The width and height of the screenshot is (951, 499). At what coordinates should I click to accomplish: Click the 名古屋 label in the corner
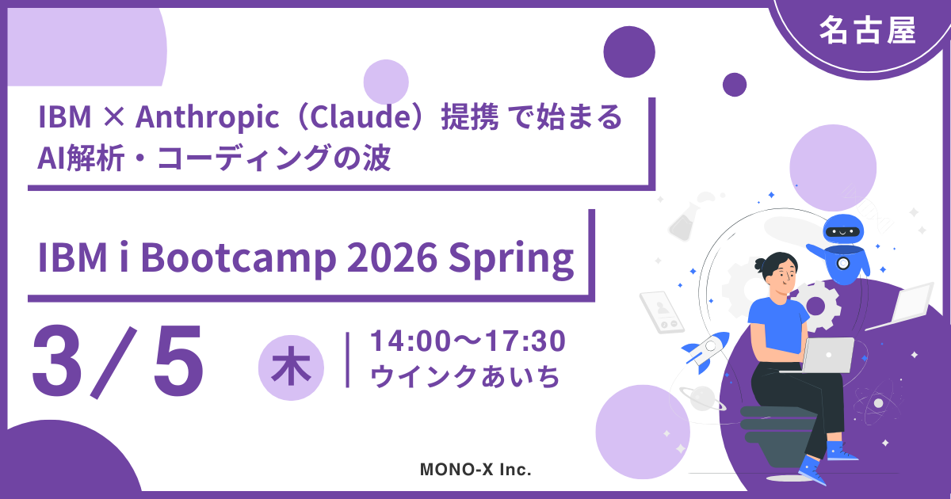coord(867,31)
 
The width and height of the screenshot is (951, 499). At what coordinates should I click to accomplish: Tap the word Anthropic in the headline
coord(207,116)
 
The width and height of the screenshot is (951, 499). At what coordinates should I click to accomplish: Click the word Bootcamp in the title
coord(239,257)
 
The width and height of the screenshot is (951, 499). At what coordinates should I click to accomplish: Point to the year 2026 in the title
coord(391,257)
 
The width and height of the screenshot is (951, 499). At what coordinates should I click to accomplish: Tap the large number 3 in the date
coord(57,361)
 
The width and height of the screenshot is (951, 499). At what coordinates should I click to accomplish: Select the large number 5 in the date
coord(178,361)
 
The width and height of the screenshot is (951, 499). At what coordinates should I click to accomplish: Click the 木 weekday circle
coord(292,368)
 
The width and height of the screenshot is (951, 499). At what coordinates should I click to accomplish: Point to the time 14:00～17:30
coord(468,341)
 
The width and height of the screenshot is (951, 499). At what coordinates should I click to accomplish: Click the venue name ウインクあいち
coord(465,376)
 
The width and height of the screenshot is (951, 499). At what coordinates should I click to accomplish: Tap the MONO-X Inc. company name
coord(475,469)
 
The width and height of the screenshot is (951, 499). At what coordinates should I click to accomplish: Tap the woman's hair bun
coord(759,265)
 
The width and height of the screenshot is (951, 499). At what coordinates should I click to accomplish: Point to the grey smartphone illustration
coord(662,312)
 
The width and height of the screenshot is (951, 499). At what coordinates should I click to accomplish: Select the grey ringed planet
coord(703,398)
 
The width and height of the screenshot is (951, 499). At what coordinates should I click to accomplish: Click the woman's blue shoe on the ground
coord(812,471)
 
